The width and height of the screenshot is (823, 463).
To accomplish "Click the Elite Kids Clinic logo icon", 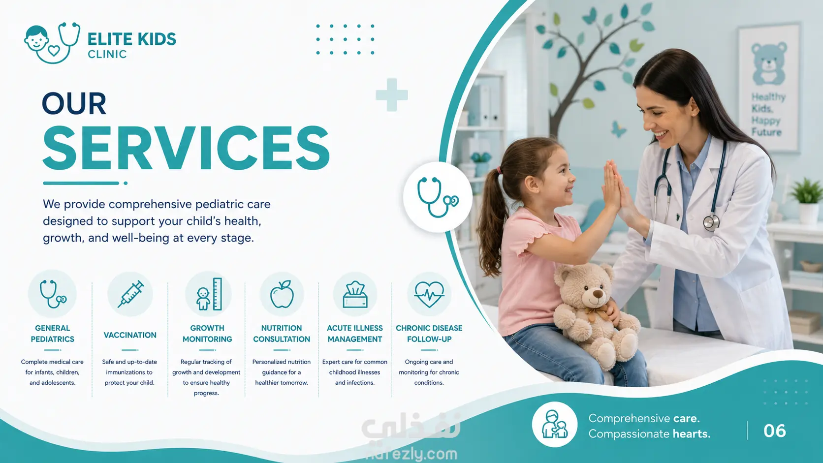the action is tap(52, 43).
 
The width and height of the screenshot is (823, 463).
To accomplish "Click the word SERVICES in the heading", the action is tap(186, 148).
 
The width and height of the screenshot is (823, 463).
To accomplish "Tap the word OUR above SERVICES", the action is tap(74, 103).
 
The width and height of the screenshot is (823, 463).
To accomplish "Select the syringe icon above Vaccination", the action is tap(130, 294).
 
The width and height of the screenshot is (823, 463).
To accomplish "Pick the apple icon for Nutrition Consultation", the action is tap(282, 294).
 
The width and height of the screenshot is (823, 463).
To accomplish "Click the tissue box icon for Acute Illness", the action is tap(355, 294).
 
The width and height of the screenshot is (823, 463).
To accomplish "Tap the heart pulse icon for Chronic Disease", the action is tap(429, 294).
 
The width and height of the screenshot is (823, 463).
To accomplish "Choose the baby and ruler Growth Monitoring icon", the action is tap(208, 294).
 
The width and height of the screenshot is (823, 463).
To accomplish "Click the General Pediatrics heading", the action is tap(52, 334).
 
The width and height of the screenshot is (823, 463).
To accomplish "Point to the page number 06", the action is tap(774, 431).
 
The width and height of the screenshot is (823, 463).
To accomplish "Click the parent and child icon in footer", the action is tap(554, 425).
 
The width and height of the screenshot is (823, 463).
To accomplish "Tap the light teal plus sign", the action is tap(392, 95).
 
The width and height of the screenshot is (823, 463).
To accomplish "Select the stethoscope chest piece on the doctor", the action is tap(711, 222).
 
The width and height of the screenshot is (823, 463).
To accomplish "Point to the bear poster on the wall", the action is tap(769, 88).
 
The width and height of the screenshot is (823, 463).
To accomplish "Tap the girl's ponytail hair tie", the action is tap(499, 170).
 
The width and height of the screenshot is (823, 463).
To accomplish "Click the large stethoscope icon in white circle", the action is tap(438, 197).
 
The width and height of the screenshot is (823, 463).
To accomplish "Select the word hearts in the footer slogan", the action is tap(692, 434).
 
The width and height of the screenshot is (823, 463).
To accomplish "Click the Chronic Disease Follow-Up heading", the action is tap(429, 334).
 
